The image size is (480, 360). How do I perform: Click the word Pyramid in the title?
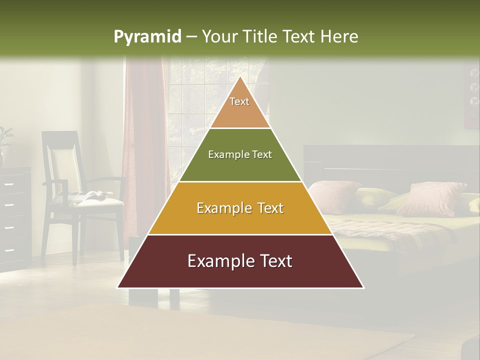[x=147, y=36]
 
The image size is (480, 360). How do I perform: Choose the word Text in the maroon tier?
[x=272, y=261]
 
